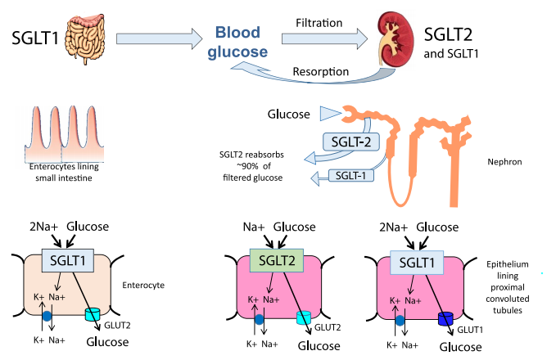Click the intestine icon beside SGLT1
click(87, 36)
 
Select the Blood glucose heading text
click(242, 43)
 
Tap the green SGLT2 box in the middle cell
click(276, 261)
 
